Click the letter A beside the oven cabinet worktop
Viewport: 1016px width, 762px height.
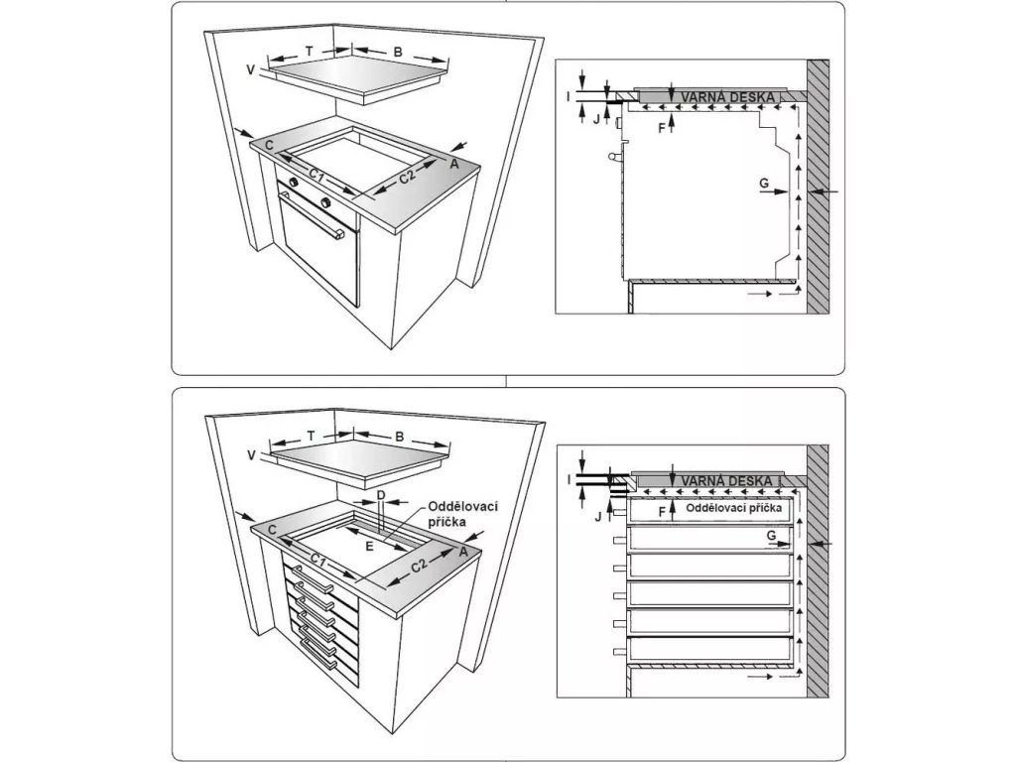[454, 165]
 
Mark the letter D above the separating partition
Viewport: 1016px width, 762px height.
[380, 494]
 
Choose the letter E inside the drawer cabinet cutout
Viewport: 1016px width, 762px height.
[370, 545]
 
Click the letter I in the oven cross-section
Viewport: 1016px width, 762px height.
[569, 96]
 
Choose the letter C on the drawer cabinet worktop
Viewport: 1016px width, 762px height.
[270, 531]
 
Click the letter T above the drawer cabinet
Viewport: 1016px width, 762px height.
[310, 436]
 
